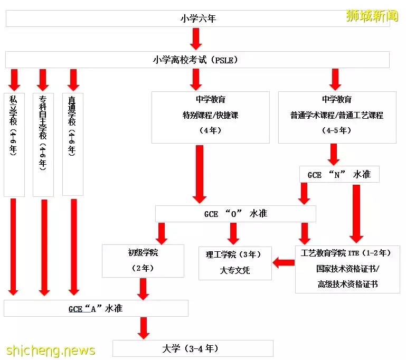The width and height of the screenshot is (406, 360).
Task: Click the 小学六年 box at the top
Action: (x=197, y=18)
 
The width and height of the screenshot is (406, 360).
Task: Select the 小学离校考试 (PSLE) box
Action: (x=197, y=60)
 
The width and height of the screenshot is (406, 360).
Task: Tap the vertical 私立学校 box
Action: (x=14, y=144)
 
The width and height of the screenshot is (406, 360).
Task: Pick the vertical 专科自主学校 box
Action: (x=43, y=144)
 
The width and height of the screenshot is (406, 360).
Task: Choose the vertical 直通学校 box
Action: (x=73, y=144)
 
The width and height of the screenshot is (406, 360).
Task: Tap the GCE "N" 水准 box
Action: (x=339, y=174)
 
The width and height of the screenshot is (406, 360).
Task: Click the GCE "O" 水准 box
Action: (x=235, y=213)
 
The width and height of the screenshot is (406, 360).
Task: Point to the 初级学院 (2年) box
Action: (x=143, y=260)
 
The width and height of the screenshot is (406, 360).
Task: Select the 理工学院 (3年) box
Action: (x=235, y=262)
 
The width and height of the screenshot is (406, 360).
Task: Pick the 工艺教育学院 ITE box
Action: (x=347, y=269)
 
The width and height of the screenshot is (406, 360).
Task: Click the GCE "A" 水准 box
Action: (x=96, y=308)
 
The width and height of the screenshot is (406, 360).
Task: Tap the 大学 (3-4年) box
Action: (x=193, y=348)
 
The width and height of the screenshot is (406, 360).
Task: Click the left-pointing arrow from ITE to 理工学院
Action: (x=284, y=262)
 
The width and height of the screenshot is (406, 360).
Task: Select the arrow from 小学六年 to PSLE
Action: (x=196, y=39)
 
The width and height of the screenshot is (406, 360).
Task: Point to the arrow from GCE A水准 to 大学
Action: (x=143, y=328)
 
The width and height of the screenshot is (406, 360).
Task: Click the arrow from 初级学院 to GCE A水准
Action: (x=143, y=288)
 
